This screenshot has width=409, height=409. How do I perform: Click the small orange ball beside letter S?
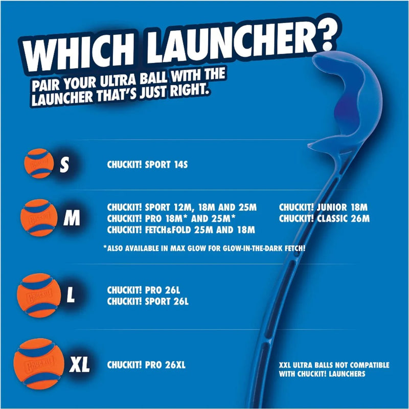pos(39,163)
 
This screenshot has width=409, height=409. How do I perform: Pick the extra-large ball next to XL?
pos(39,361)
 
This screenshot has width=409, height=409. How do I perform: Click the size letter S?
pos(64,165)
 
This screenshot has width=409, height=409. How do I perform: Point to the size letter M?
pos(72,219)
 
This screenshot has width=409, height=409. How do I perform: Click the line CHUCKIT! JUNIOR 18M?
pos(323,208)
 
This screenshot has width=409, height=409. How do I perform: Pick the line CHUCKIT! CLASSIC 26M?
pos(324,218)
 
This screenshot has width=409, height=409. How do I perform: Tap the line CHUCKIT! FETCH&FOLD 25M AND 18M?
pos(181,229)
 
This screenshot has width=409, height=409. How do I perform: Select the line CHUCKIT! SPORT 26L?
pos(148,302)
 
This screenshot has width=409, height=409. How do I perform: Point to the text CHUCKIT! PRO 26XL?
pos(146,366)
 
